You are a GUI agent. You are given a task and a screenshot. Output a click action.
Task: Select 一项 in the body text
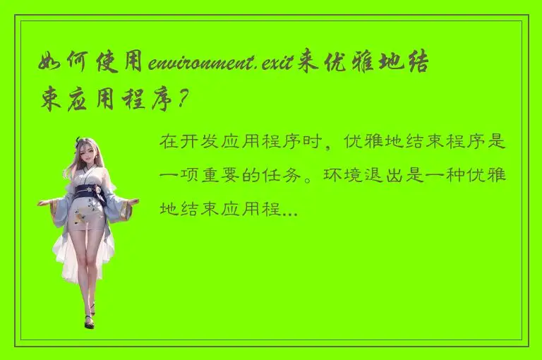pos(180,176)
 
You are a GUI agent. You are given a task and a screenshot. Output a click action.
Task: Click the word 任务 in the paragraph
pos(299,176)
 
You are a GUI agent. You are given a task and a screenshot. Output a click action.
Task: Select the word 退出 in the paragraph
pos(382,176)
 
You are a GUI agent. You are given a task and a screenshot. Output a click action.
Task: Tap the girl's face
pos(88,156)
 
